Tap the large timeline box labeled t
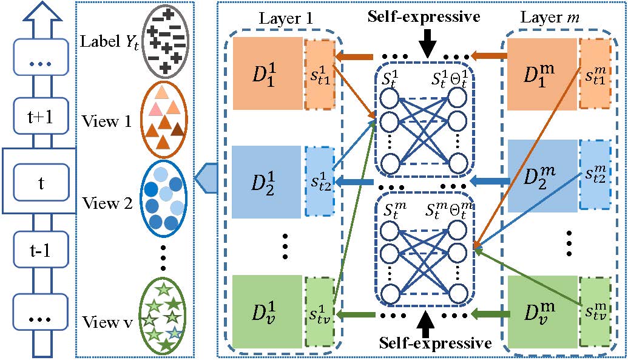pyautogui.click(x=40, y=180)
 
